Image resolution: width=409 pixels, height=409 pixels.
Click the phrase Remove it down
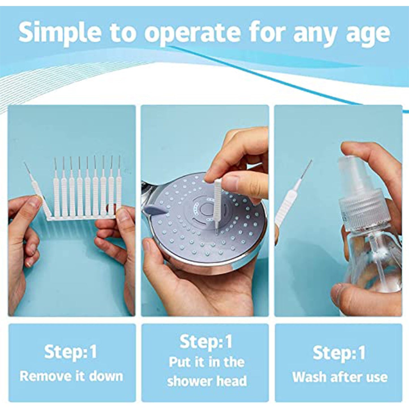point(71,376)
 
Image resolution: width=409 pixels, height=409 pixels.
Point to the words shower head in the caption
point(207,381)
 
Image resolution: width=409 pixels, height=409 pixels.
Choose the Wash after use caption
point(339,377)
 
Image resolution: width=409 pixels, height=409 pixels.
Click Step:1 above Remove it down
point(70,352)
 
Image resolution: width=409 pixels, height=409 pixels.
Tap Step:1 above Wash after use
point(339,353)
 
